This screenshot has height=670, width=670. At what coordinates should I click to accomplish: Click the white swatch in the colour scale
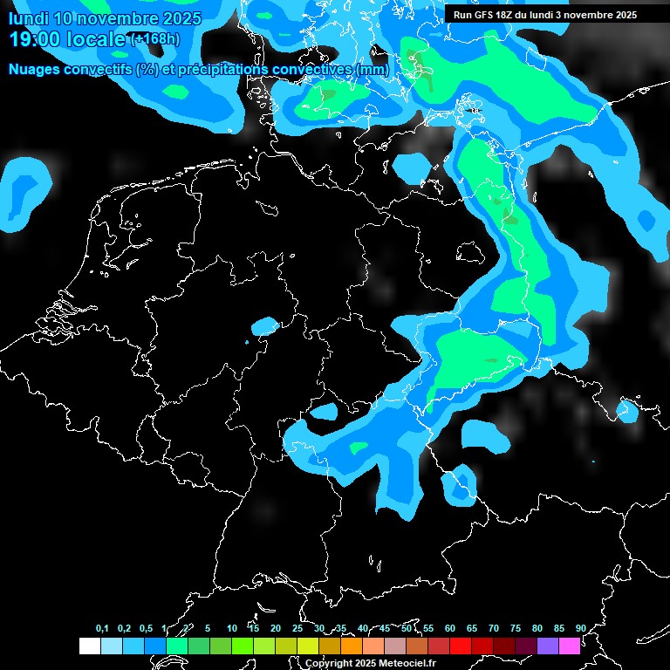(89, 646)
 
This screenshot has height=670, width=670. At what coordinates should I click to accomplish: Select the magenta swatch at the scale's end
(570, 646)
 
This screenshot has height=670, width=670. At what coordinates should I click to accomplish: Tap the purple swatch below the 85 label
(548, 646)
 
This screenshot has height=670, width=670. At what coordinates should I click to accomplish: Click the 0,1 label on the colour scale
(102, 628)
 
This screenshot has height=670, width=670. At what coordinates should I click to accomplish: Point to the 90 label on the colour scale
(580, 628)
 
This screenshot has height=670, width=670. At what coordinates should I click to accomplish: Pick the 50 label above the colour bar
(407, 628)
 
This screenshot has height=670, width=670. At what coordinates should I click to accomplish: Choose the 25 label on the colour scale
(297, 628)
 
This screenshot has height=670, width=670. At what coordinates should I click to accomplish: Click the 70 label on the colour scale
(494, 628)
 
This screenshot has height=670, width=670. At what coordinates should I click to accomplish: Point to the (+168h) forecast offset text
(154, 39)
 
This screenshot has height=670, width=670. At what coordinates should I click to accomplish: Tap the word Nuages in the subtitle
(35, 69)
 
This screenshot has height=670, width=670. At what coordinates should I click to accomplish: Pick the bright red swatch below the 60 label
(461, 646)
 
